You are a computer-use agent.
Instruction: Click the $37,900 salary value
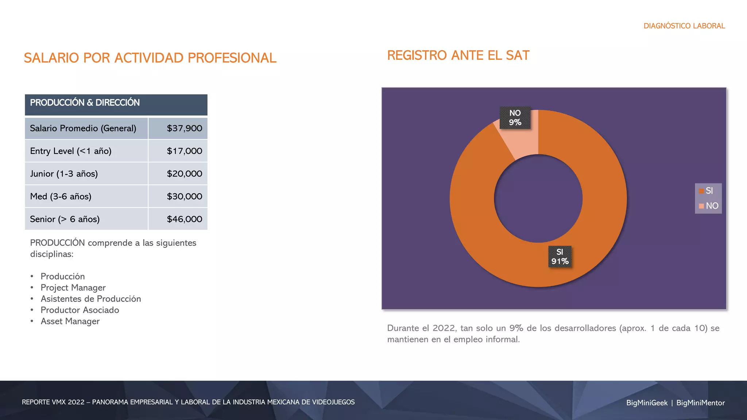tap(184, 128)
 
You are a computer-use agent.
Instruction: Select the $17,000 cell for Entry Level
tap(184, 151)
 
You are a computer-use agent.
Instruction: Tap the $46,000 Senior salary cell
tap(184, 219)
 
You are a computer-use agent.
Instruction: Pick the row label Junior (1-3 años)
tap(64, 174)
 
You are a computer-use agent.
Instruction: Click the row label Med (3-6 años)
tap(61, 197)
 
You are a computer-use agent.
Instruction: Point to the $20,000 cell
tap(184, 174)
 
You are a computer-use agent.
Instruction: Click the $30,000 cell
tap(184, 197)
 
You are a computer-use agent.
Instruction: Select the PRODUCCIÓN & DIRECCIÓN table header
tap(85, 103)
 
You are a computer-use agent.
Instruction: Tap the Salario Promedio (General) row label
tap(83, 128)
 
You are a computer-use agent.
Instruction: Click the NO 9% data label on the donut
tap(515, 118)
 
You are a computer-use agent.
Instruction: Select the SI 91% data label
tap(560, 257)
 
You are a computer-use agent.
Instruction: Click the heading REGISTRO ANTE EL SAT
tap(458, 55)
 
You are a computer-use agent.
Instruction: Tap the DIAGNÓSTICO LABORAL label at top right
tap(684, 26)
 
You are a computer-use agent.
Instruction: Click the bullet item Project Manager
tap(73, 288)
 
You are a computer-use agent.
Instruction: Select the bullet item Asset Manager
tap(70, 321)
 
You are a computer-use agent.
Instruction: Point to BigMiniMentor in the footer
tap(700, 403)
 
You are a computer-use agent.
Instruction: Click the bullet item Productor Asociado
tap(80, 310)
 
